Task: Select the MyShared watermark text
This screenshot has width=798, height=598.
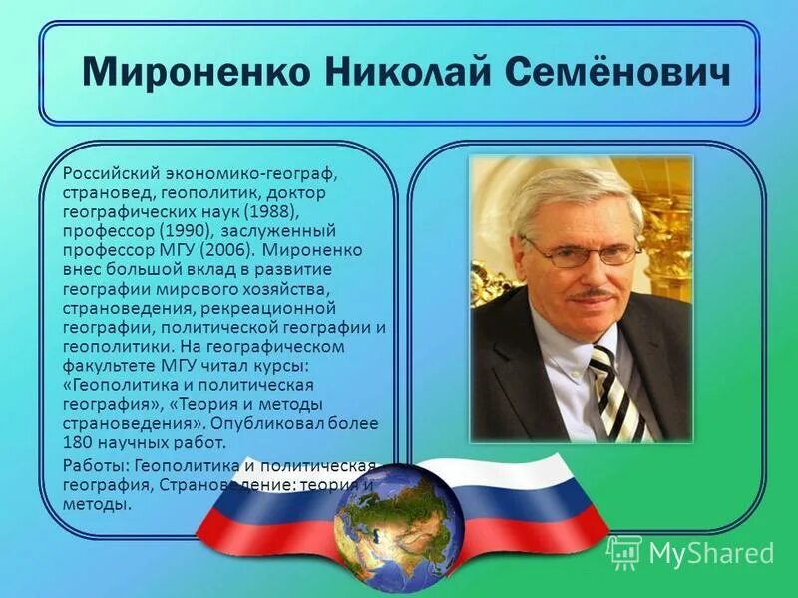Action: tap(711, 552)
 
